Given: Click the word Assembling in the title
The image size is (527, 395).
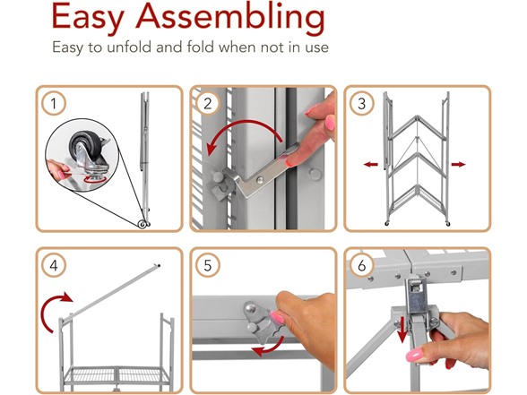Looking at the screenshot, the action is pyautogui.click(x=230, y=19).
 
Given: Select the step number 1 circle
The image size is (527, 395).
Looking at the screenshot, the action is pyautogui.click(x=54, y=104).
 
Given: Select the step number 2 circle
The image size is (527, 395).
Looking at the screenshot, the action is pyautogui.click(x=208, y=104).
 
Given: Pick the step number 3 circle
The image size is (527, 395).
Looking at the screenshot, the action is pyautogui.click(x=362, y=104).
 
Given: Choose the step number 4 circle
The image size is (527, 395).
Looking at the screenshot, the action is pyautogui.click(x=54, y=266).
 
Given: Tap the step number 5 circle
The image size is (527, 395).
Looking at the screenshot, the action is pyautogui.click(x=208, y=266).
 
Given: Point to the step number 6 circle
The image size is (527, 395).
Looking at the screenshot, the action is pyautogui.click(x=362, y=266).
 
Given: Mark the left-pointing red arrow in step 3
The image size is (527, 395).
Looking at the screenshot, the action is pyautogui.click(x=371, y=164).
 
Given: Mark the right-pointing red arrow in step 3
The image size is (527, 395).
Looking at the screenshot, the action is pyautogui.click(x=459, y=164).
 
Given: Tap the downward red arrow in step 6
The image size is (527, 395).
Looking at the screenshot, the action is pyautogui.click(x=402, y=330).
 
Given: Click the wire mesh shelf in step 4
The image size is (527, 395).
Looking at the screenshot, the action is pyautogui.click(x=117, y=374).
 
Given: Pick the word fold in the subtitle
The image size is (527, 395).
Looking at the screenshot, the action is pyautogui.click(x=201, y=47).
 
